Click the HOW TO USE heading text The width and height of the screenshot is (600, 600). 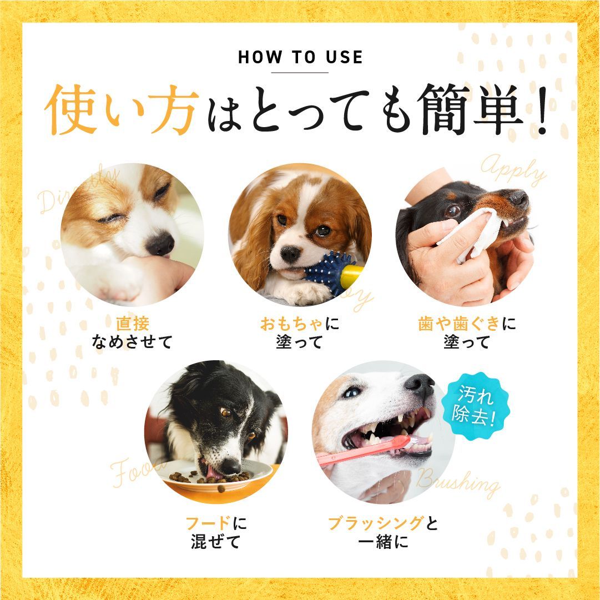click(300, 57)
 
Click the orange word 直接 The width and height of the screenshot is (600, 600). click(133, 323)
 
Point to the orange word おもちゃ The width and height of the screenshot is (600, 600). click(292, 323)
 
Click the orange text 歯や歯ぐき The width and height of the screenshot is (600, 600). click(459, 323)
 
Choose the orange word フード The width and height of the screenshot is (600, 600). click(207, 523)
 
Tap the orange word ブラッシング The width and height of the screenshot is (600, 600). click(376, 523)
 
